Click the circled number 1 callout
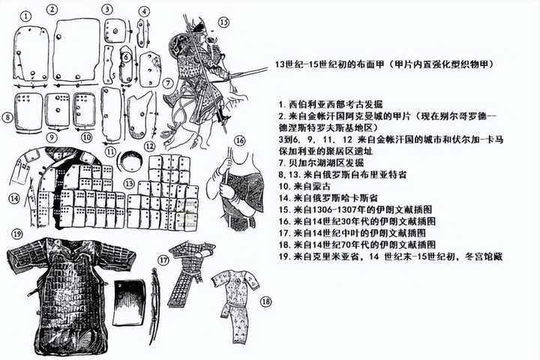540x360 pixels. tap(26, 16)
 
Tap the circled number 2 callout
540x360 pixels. tap(52, 9)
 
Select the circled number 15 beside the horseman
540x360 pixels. tap(223, 22)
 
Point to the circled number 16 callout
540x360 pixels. tap(240, 140)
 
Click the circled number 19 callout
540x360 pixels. tap(16, 234)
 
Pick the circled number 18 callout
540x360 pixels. tap(265, 302)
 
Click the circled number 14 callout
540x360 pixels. tap(14, 199)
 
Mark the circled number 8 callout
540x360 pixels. tap(7, 117)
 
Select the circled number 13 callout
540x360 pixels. tap(129, 184)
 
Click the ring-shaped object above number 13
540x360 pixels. tap(130, 160)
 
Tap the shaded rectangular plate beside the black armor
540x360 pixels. tap(130, 302)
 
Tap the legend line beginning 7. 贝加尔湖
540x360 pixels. tap(321, 163)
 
